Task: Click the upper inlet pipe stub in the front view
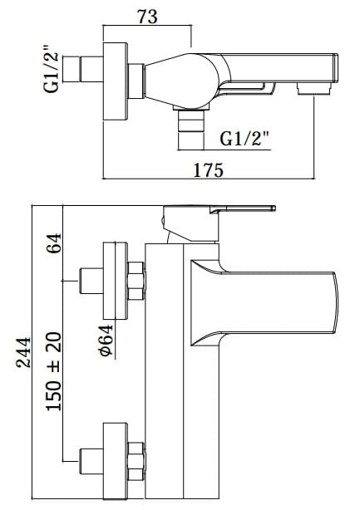click(91, 281)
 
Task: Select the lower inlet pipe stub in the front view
click(91, 460)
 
